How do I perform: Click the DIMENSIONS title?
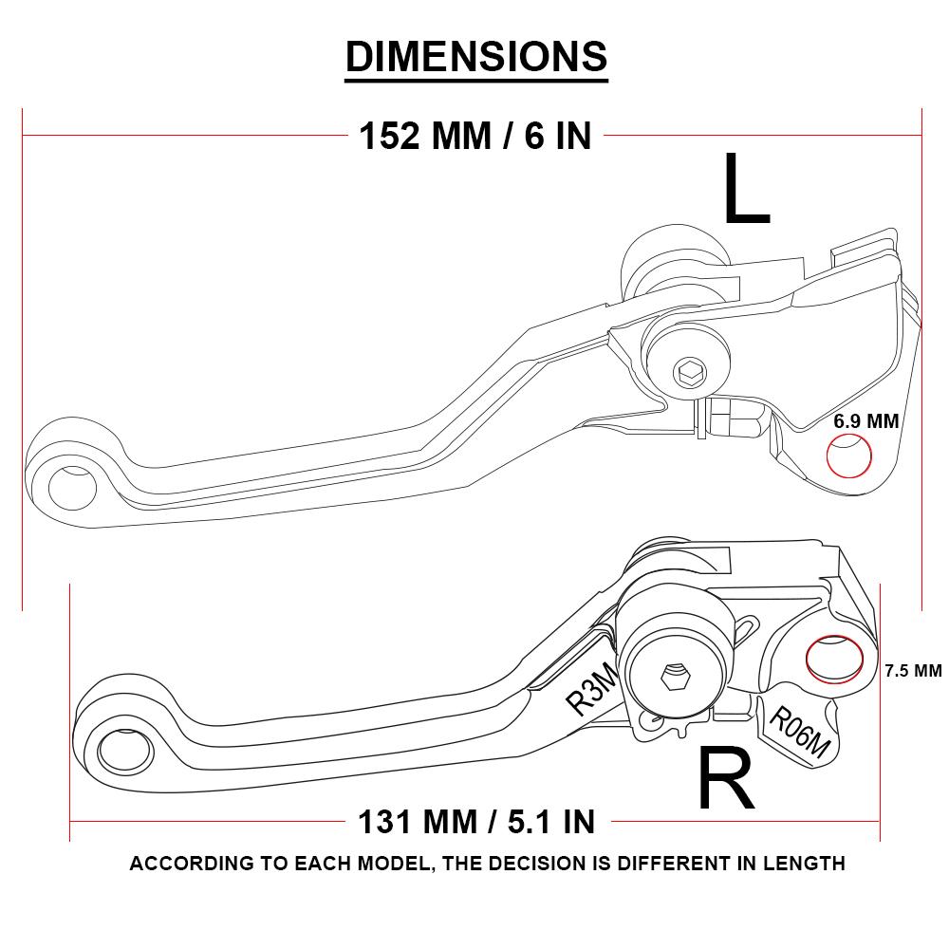(x=475, y=56)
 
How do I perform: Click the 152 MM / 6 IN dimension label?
(x=475, y=137)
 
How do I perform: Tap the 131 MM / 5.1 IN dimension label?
(x=476, y=820)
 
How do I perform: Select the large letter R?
(x=726, y=779)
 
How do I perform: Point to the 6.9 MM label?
(x=865, y=420)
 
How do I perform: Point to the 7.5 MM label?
(x=913, y=671)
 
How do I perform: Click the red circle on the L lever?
(x=849, y=456)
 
